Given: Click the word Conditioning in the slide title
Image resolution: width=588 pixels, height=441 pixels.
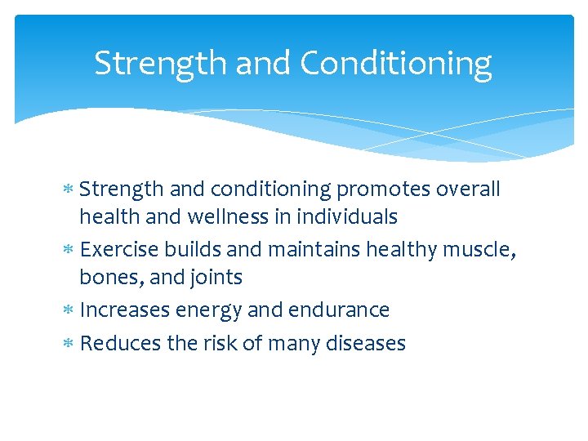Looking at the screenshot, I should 396,64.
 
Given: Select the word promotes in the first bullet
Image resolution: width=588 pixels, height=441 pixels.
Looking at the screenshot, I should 383,189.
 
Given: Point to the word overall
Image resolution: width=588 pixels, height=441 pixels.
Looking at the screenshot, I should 468,189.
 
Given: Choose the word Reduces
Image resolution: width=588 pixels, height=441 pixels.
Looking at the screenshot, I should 122,343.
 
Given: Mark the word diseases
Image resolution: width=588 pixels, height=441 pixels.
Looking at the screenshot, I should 365,343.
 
